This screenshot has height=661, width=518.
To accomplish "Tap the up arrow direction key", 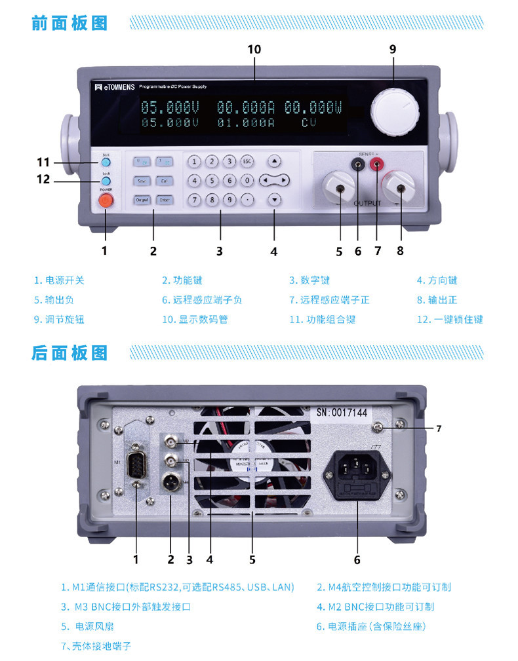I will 275,161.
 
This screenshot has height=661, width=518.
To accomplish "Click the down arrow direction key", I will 275,200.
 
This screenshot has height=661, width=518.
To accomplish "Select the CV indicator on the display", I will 309,123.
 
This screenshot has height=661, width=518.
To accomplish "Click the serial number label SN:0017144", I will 342,413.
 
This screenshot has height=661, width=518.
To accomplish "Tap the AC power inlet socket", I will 358,470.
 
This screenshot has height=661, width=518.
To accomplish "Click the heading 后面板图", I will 70,353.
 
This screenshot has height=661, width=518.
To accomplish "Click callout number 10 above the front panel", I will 254,49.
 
